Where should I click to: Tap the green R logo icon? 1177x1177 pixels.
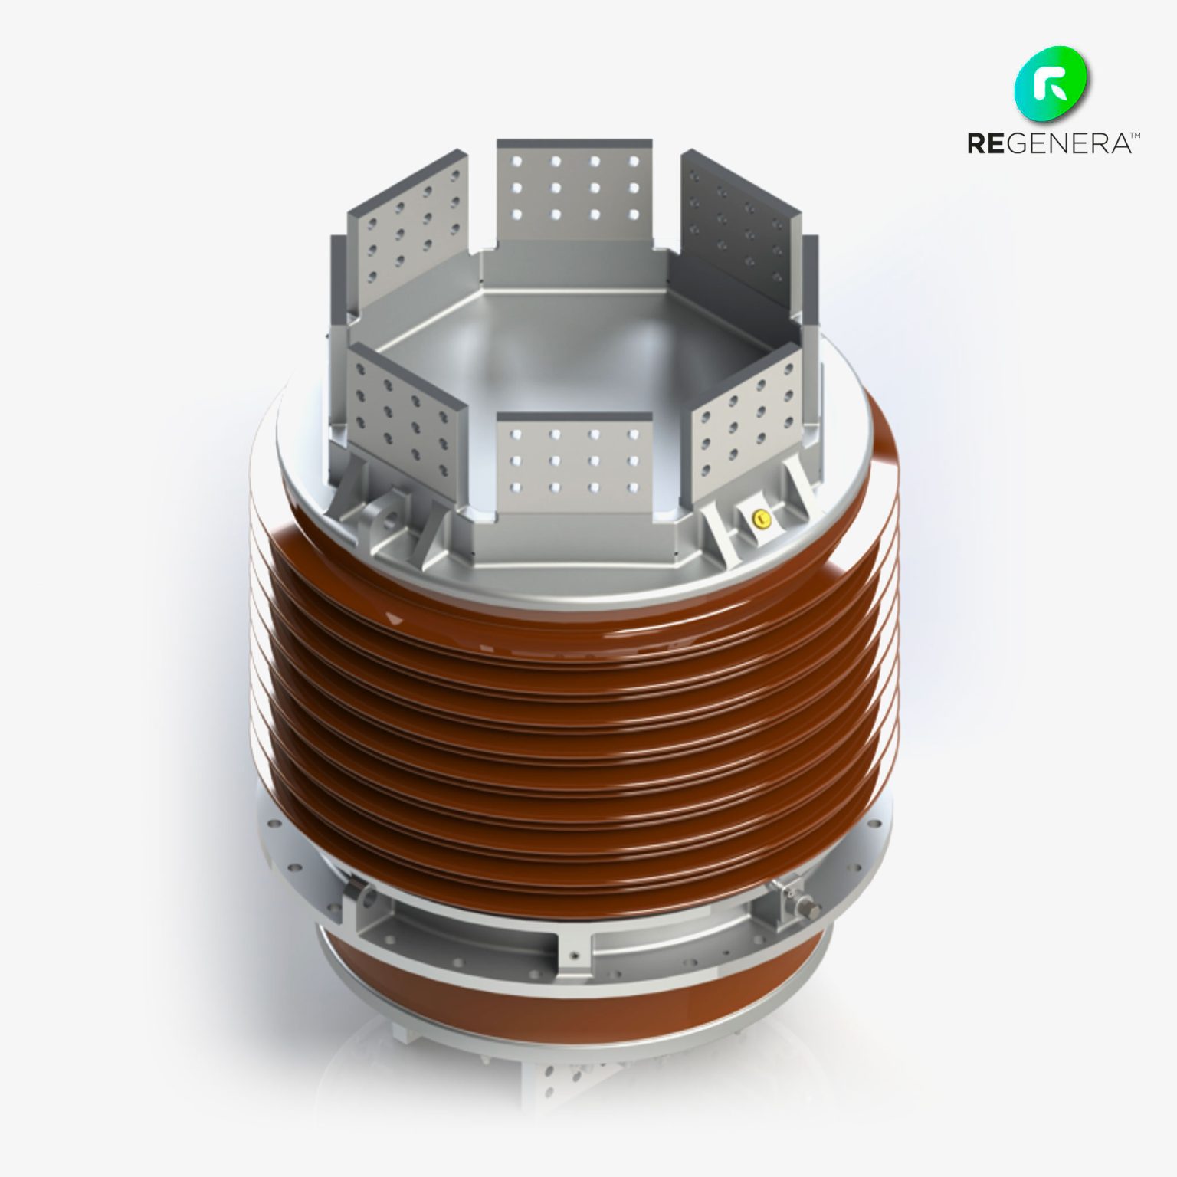(x=1053, y=84)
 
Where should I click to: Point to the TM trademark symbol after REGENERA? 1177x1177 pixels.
(x=1135, y=136)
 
